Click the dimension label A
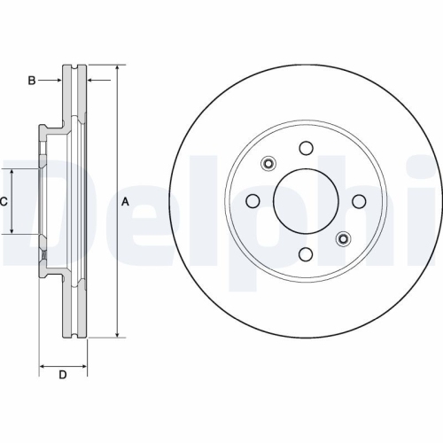click(125, 202)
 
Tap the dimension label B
click(31, 81)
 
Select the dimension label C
click(4, 202)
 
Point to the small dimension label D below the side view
click(62, 375)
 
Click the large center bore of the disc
click(305, 201)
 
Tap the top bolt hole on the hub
click(305, 148)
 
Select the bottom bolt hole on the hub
click(305, 255)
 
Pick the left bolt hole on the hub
click(252, 201)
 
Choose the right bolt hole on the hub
click(359, 201)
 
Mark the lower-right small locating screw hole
click(342, 239)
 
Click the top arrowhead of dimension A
click(116, 68)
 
